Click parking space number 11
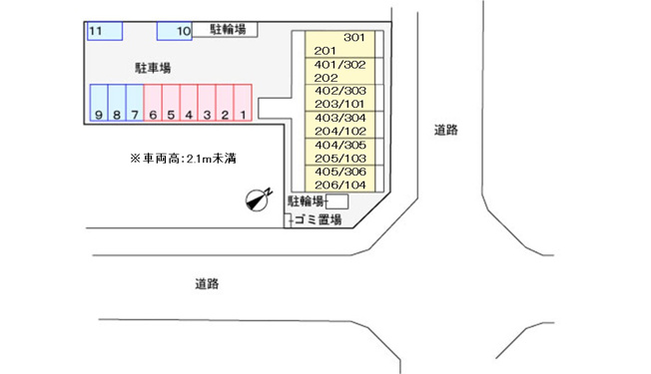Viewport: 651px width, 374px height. [x=105, y=31]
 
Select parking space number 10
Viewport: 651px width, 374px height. [x=175, y=31]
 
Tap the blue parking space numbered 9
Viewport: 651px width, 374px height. [x=99, y=103]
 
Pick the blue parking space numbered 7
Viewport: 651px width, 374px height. [x=135, y=103]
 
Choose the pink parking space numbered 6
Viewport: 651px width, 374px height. [x=153, y=103]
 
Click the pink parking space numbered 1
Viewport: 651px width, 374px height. [x=243, y=103]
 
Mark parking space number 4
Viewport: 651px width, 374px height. [x=189, y=103]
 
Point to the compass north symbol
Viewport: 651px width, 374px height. [x=259, y=199]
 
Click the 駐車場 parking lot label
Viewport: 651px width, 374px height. [x=153, y=68]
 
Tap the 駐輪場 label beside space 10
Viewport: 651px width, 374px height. [x=228, y=30]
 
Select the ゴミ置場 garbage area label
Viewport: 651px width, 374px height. [x=319, y=219]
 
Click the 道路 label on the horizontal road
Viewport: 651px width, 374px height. [x=207, y=284]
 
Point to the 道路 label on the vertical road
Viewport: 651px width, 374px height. [x=446, y=131]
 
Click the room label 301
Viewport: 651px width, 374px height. [x=354, y=38]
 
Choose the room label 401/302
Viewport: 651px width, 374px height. [x=340, y=65]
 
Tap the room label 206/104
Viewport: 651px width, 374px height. [x=340, y=185]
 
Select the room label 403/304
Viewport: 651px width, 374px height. [x=340, y=118]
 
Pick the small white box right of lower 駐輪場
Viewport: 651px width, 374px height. [x=337, y=201]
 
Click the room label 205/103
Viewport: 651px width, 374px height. [x=340, y=159]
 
